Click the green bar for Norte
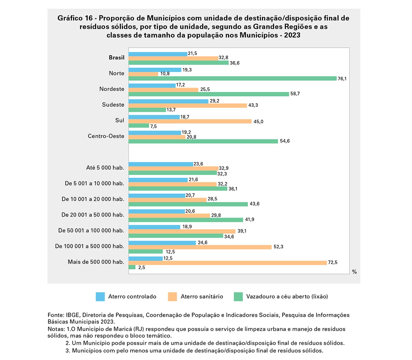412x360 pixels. click(x=232, y=79)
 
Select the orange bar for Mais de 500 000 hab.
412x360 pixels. click(x=228, y=263)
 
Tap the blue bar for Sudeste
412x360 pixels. click(x=168, y=101)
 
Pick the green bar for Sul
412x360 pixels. click(x=139, y=126)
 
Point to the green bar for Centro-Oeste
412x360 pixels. click(x=203, y=141)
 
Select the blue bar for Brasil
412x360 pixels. click(x=158, y=54)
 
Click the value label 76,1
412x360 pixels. click(x=342, y=79)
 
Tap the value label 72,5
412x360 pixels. click(x=333, y=263)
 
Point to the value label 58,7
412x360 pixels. click(x=295, y=94)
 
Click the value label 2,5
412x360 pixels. click(x=141, y=267)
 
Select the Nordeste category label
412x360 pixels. click(x=112, y=89)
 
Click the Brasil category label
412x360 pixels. click(x=116, y=58)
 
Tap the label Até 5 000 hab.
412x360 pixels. click(x=105, y=168)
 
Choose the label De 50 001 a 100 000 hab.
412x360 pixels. click(x=91, y=231)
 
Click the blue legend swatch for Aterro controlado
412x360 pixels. click(x=100, y=297)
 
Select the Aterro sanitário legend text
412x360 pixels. click(x=202, y=297)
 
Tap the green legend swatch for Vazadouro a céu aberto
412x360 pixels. click(x=238, y=297)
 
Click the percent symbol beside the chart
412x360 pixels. click(x=354, y=272)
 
